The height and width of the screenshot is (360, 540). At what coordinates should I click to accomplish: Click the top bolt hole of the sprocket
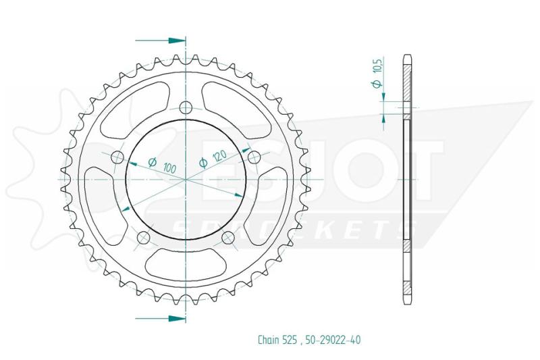coord(186,106)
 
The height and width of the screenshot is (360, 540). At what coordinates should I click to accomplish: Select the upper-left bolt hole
coord(117,157)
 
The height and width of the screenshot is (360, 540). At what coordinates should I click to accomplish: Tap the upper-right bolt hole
coord(254,157)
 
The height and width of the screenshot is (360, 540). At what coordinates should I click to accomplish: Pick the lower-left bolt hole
coord(143,238)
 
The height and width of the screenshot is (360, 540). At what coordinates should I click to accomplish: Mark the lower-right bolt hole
coord(228,237)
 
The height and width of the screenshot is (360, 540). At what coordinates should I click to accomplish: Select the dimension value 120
coord(218,157)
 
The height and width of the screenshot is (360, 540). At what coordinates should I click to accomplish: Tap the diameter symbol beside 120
coord(202,163)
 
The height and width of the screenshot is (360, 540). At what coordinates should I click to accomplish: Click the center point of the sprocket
coord(186,180)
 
